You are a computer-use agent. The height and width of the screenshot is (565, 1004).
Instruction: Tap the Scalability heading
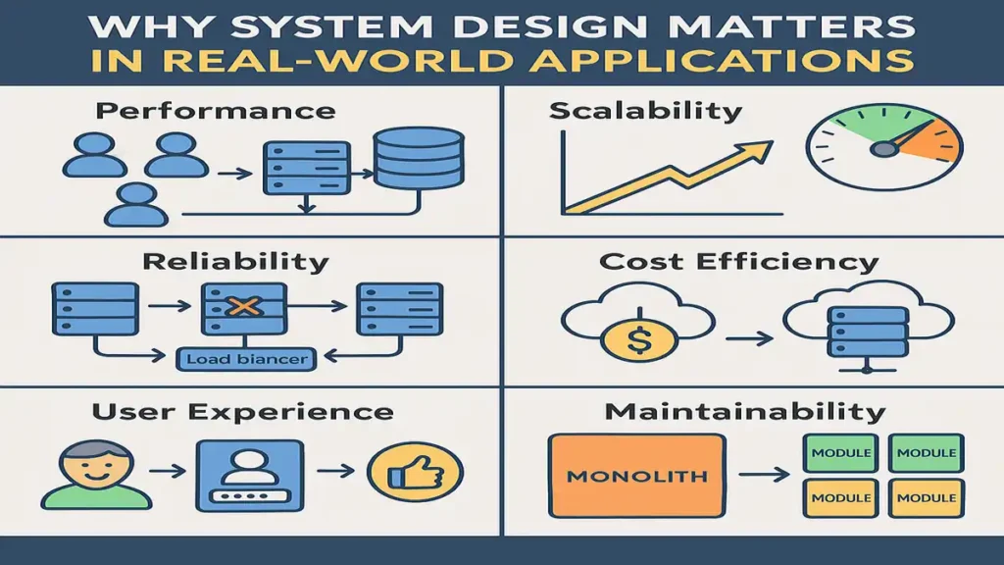click(645, 111)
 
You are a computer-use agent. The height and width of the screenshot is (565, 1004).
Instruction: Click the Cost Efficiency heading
click(738, 262)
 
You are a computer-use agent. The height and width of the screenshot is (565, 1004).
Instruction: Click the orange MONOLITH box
click(637, 477)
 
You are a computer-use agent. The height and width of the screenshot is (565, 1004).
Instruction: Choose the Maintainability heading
click(745, 412)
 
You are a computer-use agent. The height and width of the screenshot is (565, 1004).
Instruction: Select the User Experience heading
click(241, 412)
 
